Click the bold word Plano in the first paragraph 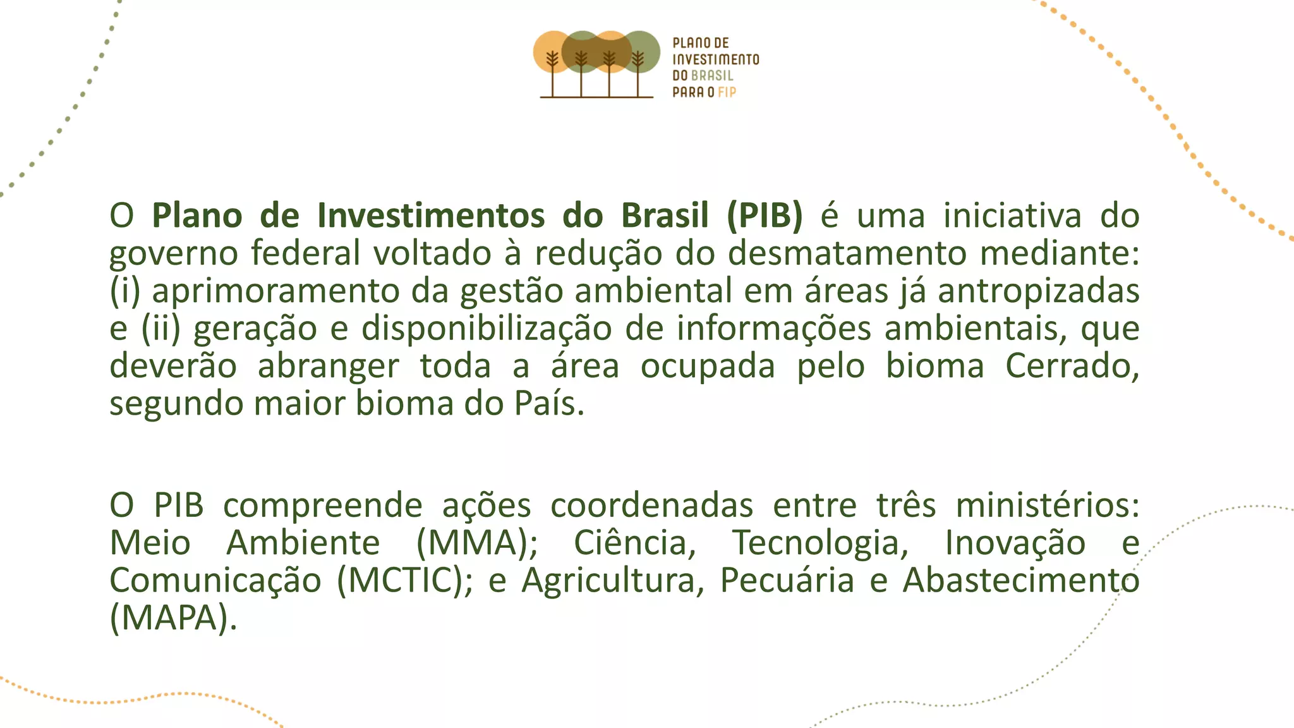tap(197, 215)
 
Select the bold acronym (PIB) tap(765, 215)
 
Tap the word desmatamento tap(847, 253)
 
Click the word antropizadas tap(1039, 291)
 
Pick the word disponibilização tap(486, 329)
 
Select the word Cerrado tap(1072, 366)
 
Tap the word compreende tap(322, 505)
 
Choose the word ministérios tap(1047, 505)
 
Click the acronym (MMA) tap(477, 543)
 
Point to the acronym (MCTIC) tap(404, 580)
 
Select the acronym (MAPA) tap(173, 617)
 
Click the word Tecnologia tap(820, 543)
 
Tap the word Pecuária tap(787, 580)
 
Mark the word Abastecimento tap(1020, 580)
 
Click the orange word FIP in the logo tap(727, 92)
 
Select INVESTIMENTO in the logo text tap(715, 59)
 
